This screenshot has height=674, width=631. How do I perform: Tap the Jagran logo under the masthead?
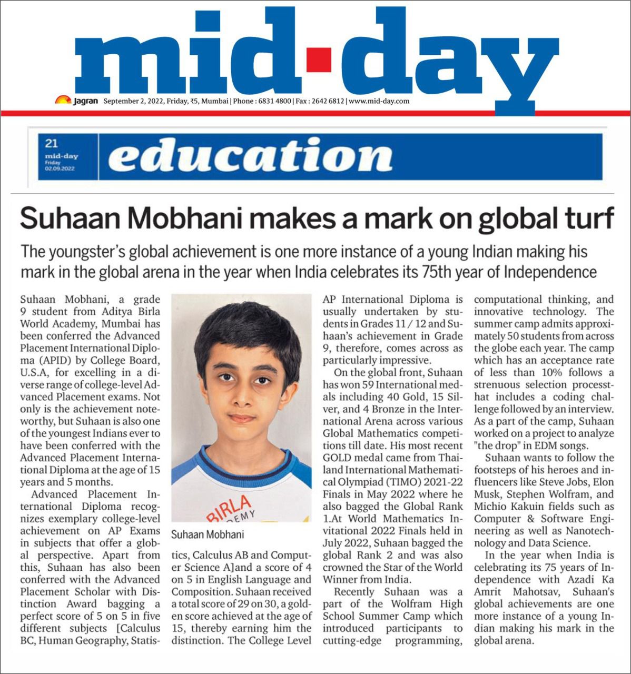tap(77, 101)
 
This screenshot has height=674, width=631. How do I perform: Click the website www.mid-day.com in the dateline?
tap(379, 101)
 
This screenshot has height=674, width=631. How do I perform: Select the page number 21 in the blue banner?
tap(51, 143)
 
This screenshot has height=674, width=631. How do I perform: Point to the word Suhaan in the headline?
tap(67, 217)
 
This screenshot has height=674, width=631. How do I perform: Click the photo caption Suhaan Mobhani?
tap(208, 534)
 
